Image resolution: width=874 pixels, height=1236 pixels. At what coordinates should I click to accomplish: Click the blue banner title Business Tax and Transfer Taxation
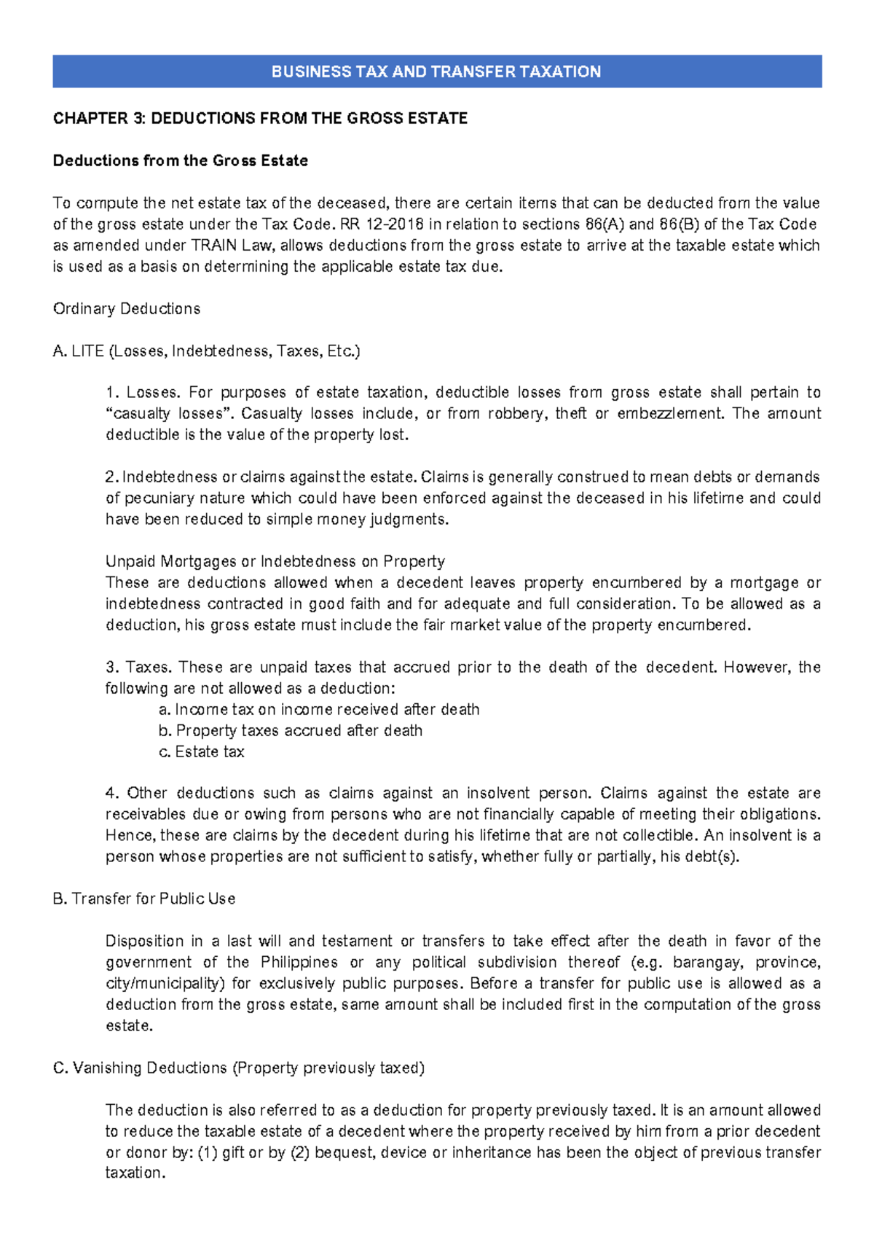click(436, 71)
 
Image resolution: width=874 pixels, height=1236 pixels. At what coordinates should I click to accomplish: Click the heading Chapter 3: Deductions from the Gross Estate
click(260, 118)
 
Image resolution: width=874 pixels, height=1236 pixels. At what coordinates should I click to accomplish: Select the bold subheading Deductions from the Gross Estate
click(180, 160)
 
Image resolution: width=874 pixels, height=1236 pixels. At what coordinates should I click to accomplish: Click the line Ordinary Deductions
click(126, 309)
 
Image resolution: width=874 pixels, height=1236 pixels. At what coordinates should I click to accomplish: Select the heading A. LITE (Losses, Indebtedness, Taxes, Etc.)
click(206, 351)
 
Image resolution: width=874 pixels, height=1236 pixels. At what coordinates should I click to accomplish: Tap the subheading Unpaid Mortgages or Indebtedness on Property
click(275, 562)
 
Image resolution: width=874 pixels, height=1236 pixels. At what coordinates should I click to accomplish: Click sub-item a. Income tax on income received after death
click(319, 710)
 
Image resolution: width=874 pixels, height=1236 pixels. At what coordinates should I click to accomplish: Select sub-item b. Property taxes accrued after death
click(291, 731)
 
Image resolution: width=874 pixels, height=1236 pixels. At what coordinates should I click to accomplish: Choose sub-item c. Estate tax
click(202, 752)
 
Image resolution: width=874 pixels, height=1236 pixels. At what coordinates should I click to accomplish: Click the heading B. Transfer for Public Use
click(143, 899)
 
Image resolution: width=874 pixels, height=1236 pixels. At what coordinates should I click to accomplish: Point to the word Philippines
click(299, 963)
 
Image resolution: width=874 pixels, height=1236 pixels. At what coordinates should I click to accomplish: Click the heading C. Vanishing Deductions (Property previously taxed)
click(238, 1068)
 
